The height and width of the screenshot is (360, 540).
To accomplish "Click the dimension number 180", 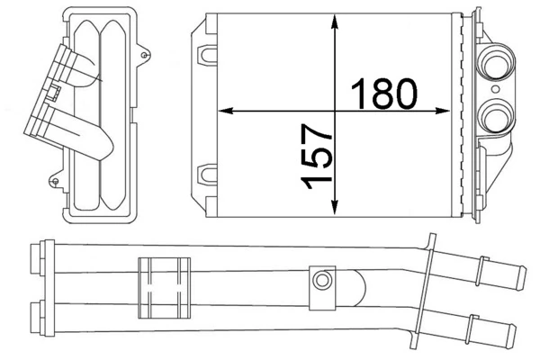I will [x=385, y=92].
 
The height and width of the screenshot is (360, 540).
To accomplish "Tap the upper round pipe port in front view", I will [x=494, y=64].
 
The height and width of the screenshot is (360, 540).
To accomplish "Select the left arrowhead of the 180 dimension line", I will [x=226, y=111].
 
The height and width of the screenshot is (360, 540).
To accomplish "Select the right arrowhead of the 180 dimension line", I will [x=447, y=111].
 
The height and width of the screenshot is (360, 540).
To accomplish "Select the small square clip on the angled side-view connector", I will [x=56, y=91].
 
